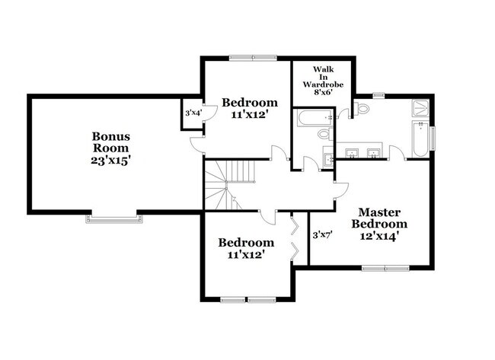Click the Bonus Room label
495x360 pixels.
[x=111, y=142]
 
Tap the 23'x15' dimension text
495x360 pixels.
[x=111, y=161]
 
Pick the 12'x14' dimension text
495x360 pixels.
[x=380, y=236]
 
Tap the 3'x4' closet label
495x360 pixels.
[x=192, y=113]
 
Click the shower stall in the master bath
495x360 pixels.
[x=420, y=110]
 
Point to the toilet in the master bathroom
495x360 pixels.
[x=362, y=107]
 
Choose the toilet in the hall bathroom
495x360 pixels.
[x=324, y=135]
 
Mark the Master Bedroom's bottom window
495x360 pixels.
[x=385, y=267]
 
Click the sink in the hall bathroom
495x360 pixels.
[x=328, y=158]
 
